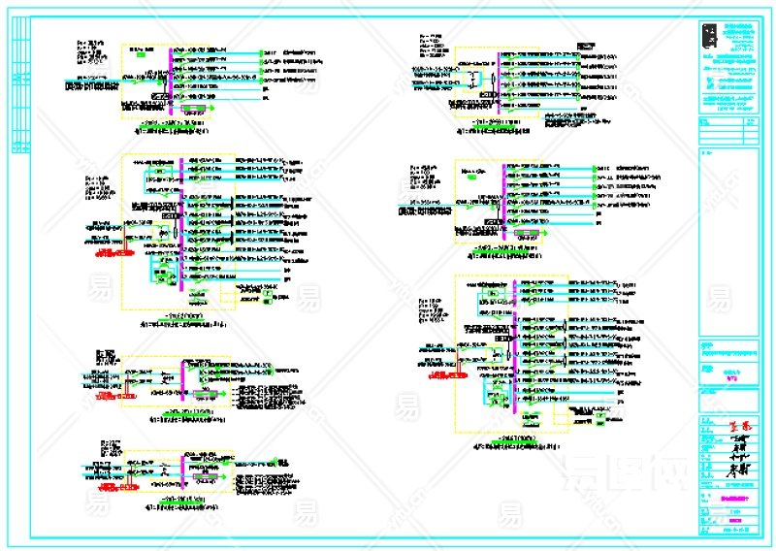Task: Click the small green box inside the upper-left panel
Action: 142,55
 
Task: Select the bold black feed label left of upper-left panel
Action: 91,86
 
